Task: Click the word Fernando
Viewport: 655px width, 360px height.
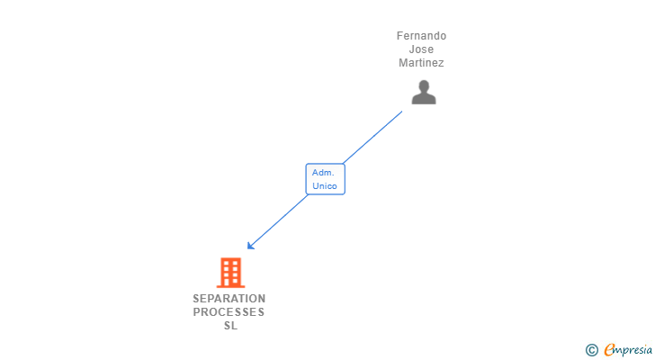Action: [x=421, y=36]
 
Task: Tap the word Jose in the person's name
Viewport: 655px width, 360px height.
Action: [x=421, y=49]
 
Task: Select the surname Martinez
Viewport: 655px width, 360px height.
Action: [x=421, y=63]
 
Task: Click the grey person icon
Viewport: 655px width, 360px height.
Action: [x=424, y=92]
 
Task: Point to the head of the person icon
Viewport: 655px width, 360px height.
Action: [x=424, y=85]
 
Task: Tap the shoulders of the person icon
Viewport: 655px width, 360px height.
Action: [x=424, y=99]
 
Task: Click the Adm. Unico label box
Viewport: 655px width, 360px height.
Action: [x=325, y=179]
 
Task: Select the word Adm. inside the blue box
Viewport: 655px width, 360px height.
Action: [x=323, y=172]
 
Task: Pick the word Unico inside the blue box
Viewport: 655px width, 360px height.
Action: [x=325, y=186]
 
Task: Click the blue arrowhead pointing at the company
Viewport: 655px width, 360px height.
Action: [x=251, y=246]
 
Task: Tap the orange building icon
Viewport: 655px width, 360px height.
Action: [x=230, y=272]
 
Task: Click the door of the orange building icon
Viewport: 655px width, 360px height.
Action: [x=230, y=282]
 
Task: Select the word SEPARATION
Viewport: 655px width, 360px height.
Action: [x=229, y=299]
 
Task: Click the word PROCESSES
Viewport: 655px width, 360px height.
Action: [x=229, y=312]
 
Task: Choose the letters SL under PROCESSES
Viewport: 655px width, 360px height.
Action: [x=230, y=326]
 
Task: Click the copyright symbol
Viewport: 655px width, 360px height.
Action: [x=591, y=349]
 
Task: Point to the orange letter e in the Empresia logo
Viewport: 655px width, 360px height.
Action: [x=609, y=349]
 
